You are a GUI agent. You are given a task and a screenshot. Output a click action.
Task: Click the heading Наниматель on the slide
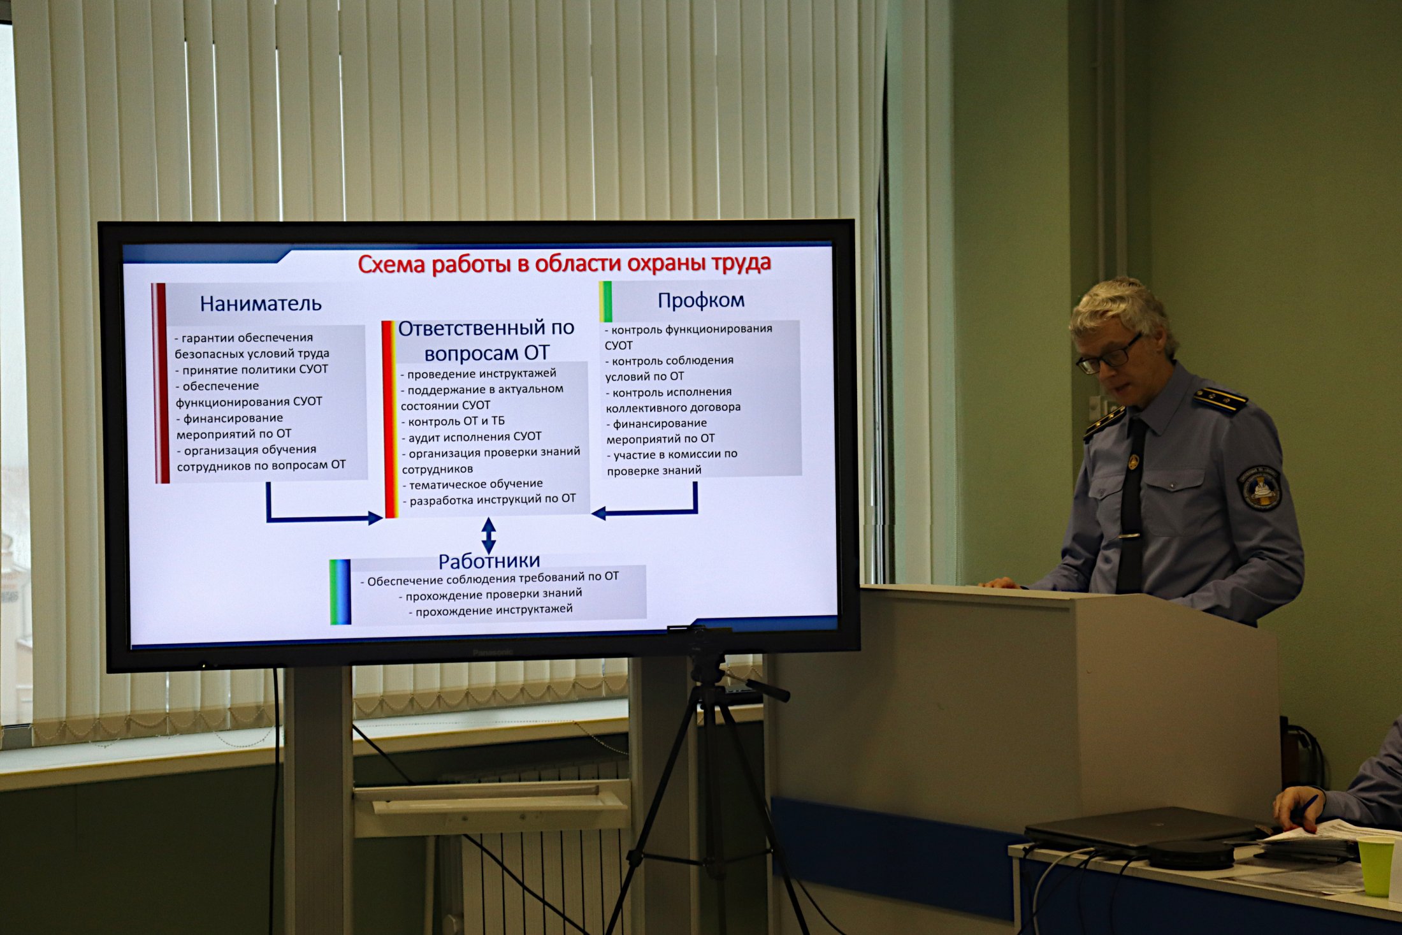point(261,303)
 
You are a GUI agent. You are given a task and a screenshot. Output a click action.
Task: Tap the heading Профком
point(701,300)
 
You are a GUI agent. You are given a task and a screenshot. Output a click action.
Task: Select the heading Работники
point(489,561)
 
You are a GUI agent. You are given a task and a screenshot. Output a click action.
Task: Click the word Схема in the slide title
point(391,264)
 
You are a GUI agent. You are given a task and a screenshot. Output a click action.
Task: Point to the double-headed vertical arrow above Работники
point(489,535)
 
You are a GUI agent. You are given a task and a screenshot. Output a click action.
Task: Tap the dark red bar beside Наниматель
point(160,383)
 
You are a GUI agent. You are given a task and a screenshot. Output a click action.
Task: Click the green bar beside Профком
point(605,301)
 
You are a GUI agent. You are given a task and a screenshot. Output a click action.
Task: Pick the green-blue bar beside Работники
point(340,592)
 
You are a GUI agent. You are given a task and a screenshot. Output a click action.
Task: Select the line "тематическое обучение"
point(475,484)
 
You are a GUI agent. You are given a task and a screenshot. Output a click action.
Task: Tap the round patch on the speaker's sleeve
point(1259,488)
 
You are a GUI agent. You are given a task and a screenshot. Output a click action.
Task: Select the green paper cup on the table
point(1377,866)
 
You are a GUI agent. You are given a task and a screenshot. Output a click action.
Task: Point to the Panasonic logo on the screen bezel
point(493,652)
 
